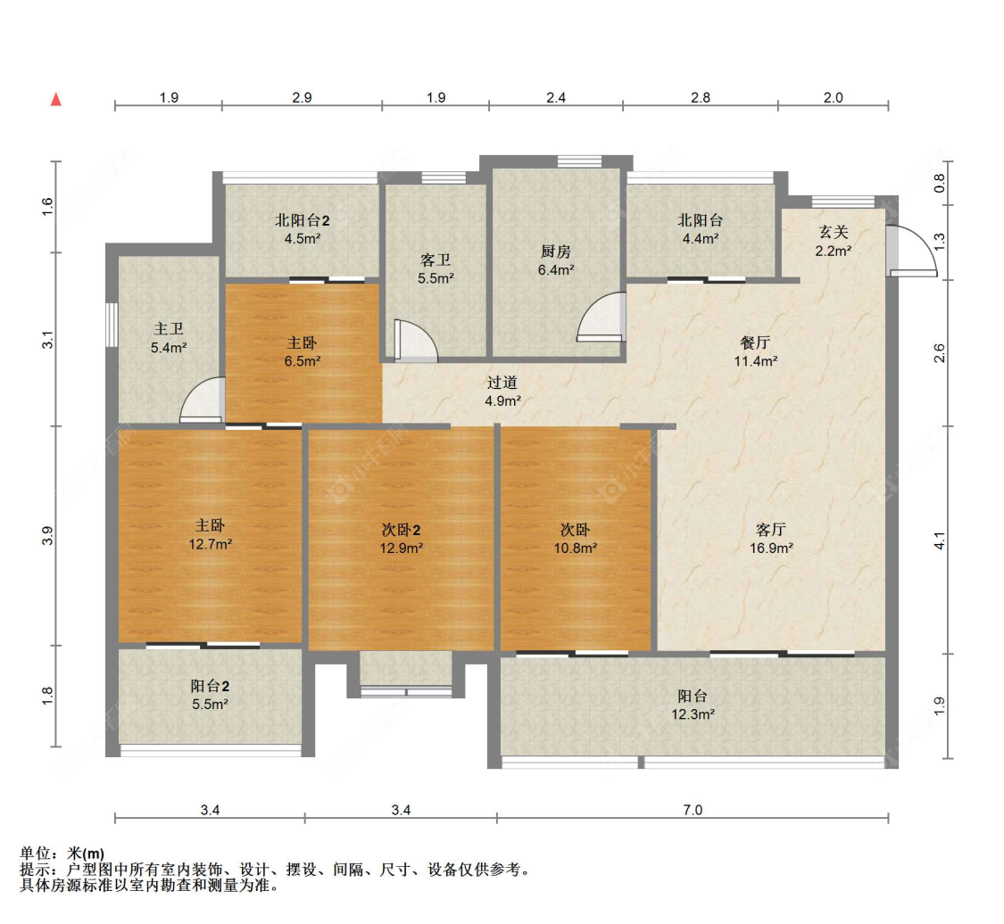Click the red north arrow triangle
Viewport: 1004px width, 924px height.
pyautogui.click(x=55, y=99)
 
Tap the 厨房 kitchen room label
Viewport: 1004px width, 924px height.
pyautogui.click(x=557, y=251)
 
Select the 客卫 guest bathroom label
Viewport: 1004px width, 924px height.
pyautogui.click(x=436, y=260)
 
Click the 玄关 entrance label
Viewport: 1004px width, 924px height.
pyautogui.click(x=834, y=232)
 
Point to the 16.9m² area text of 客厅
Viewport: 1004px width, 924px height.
pyautogui.click(x=771, y=549)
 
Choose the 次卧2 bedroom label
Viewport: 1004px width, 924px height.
pyautogui.click(x=401, y=530)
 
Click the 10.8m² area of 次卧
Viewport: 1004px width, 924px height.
pyautogui.click(x=575, y=549)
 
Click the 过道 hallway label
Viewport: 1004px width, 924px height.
pyautogui.click(x=502, y=383)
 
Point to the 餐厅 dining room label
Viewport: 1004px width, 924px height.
pyautogui.click(x=755, y=342)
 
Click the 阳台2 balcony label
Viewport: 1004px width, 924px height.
pyautogui.click(x=211, y=686)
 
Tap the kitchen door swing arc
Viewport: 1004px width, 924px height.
pyautogui.click(x=600, y=318)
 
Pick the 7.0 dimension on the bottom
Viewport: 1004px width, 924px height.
pyautogui.click(x=693, y=811)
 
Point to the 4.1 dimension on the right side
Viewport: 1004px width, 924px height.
pyautogui.click(x=939, y=540)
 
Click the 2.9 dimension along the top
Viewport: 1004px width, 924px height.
pyautogui.click(x=302, y=98)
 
